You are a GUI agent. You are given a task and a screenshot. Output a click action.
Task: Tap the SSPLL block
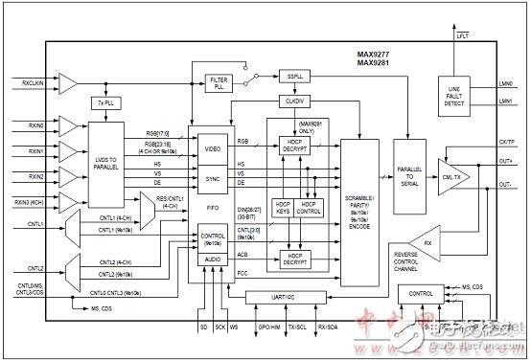293,74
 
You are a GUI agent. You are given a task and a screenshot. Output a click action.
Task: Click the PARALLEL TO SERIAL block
409,179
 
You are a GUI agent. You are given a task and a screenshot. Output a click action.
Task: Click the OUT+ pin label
508,163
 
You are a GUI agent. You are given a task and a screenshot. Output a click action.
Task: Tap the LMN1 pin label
508,99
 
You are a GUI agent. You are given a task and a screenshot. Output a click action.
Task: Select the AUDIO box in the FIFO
214,258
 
